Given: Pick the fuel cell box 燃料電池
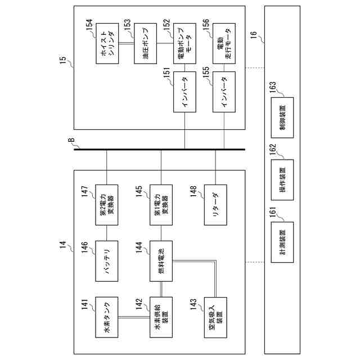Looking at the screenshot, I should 161,262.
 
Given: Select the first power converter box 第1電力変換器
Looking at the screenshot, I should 161,205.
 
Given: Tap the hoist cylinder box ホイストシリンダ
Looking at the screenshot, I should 106,43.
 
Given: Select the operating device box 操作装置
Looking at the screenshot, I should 282,177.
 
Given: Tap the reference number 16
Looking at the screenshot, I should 254,35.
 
